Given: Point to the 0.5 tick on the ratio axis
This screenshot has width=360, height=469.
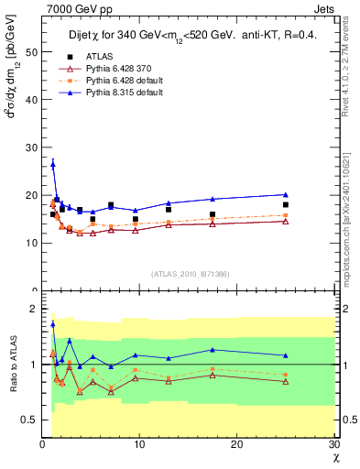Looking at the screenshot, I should [x=28, y=420].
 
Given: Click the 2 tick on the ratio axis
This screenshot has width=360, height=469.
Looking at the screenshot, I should [x=34, y=309].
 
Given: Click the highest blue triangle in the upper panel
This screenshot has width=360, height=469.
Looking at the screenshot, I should [x=52, y=164].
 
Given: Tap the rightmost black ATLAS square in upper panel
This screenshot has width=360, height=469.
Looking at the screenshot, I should [x=286, y=204].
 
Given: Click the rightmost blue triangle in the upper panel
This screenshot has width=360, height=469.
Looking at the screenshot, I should [x=286, y=194].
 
